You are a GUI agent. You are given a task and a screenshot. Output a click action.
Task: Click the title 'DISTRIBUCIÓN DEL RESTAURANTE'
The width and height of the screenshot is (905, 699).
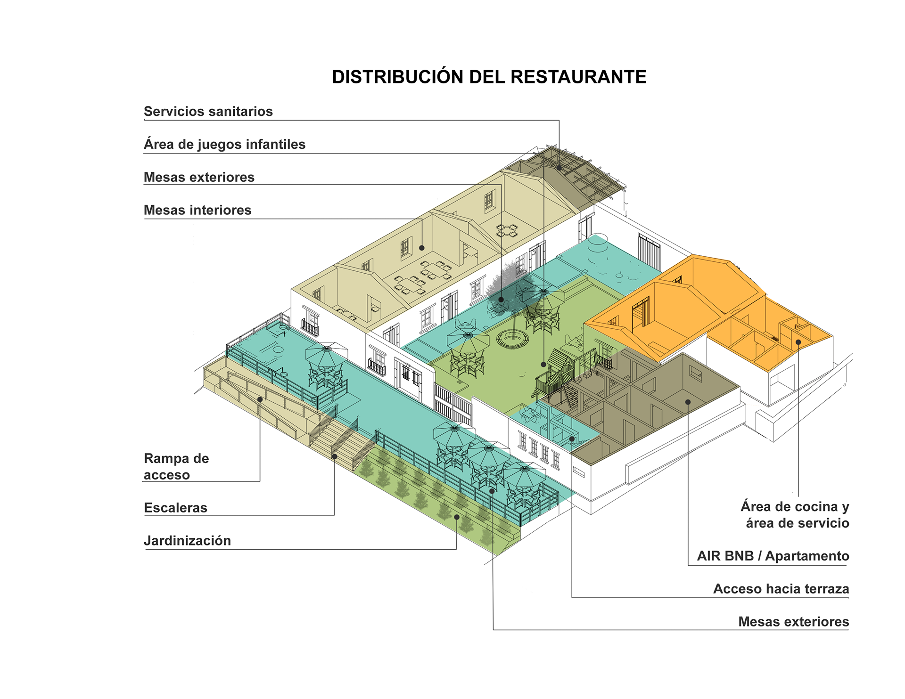(x=489, y=77)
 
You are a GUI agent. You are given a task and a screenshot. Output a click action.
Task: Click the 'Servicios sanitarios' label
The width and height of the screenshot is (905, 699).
(x=208, y=112)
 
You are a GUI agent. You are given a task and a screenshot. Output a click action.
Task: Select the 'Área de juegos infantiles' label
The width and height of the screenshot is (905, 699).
(x=224, y=144)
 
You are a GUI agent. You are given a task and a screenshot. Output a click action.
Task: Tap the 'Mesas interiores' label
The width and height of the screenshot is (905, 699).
(x=197, y=210)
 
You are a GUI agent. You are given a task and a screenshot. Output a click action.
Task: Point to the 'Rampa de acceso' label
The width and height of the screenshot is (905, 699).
(x=176, y=466)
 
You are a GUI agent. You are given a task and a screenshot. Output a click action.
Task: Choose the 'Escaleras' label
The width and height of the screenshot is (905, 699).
(x=175, y=508)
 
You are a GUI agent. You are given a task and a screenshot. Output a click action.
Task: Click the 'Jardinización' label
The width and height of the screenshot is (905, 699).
(x=187, y=541)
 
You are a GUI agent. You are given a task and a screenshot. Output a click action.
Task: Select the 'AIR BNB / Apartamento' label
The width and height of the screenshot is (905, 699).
(x=773, y=556)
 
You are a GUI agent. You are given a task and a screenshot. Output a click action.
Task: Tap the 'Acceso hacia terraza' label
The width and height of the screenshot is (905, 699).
(x=781, y=589)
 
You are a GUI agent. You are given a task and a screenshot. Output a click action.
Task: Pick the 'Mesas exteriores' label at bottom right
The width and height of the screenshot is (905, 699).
(x=793, y=622)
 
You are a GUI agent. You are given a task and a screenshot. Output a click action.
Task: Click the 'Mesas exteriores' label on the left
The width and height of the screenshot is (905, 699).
(x=198, y=177)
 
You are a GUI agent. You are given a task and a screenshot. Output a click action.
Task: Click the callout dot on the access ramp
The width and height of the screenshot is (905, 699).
(x=260, y=399)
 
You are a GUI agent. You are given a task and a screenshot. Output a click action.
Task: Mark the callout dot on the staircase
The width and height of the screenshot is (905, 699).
(x=334, y=456)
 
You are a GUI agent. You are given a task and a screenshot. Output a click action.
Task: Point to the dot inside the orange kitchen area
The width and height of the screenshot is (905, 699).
(x=798, y=342)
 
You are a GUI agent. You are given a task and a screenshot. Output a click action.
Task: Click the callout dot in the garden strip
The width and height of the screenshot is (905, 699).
(x=457, y=517)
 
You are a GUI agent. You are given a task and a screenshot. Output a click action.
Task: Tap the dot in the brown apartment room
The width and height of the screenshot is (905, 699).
(x=688, y=402)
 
